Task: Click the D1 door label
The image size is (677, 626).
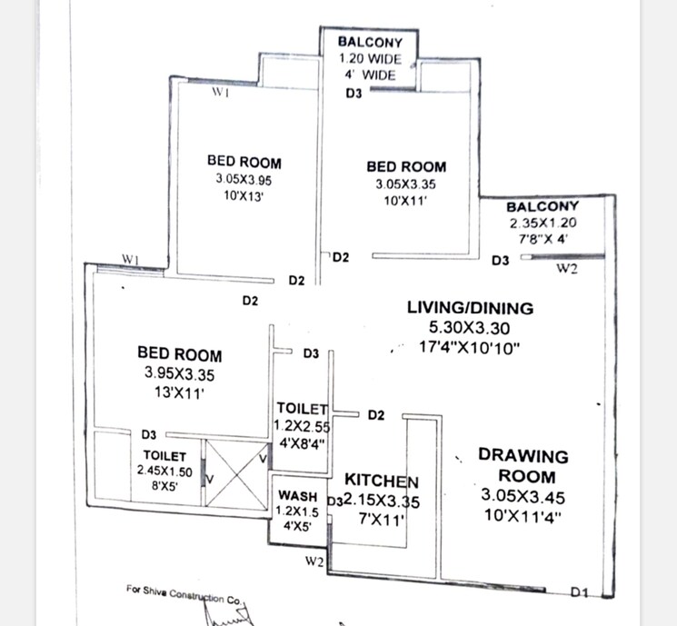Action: (580, 592)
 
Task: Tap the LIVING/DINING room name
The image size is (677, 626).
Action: (470, 308)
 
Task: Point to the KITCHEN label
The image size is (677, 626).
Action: (381, 481)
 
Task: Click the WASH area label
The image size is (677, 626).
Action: (299, 497)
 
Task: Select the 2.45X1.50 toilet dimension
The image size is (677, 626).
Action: (164, 471)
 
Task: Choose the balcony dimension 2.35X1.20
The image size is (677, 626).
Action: (542, 223)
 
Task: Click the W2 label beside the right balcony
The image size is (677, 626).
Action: (567, 268)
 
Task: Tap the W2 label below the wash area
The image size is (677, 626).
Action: (315, 562)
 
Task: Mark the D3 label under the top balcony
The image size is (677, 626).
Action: (353, 93)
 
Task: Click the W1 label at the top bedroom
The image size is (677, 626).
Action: (219, 93)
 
